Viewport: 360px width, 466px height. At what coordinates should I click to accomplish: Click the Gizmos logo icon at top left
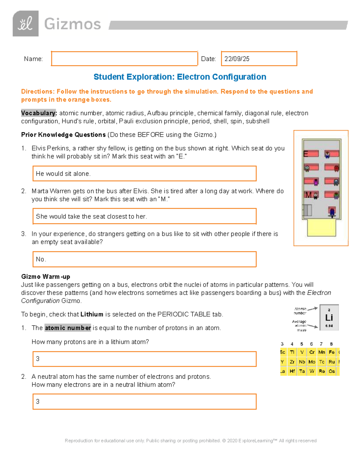point(25,24)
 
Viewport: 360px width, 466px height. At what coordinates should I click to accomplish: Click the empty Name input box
point(124,59)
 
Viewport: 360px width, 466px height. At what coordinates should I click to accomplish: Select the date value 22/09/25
point(237,59)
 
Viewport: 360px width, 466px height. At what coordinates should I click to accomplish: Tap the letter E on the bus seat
point(306,154)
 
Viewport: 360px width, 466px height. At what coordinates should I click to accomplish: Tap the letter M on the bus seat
point(308,195)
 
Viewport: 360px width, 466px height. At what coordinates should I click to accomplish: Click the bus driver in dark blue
point(332,212)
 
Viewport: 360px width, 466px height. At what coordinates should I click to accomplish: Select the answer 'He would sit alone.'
point(63,174)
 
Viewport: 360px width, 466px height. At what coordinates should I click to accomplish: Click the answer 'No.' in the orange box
point(41,259)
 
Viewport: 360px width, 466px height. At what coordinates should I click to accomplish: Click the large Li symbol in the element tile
point(329,317)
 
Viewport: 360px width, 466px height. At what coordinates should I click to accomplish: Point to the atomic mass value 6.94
point(329,326)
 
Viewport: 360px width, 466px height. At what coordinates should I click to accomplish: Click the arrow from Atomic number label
point(312,308)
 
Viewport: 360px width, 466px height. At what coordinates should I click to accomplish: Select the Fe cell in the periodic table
point(331,352)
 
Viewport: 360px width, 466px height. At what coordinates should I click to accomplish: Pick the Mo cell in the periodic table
point(312,362)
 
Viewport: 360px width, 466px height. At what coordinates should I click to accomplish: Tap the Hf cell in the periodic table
point(292,371)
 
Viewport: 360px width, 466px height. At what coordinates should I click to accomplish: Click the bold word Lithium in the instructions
point(92,314)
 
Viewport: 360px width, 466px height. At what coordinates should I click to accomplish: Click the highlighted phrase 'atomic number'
point(68,328)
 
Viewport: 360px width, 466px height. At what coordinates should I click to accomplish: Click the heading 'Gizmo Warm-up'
point(46,276)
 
